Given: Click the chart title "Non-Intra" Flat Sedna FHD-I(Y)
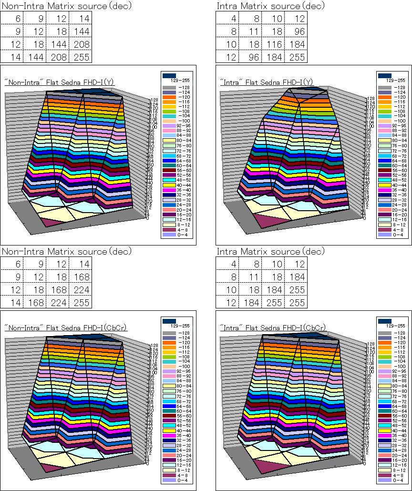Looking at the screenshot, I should click(x=60, y=82).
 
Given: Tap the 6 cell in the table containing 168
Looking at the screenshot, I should click(x=11, y=263).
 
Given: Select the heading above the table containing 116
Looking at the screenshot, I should click(x=270, y=6).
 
